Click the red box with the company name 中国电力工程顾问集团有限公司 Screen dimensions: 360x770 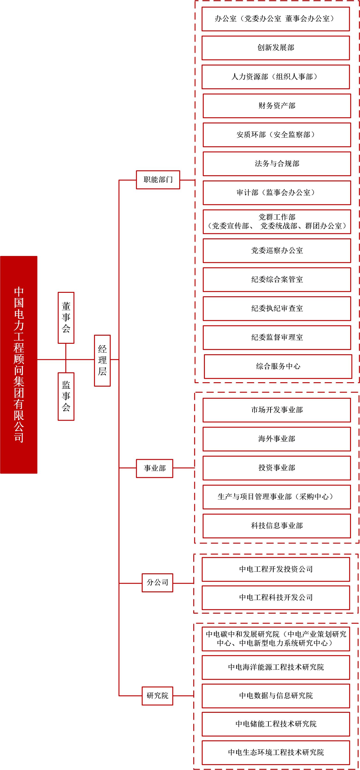pyautogui.click(x=19, y=365)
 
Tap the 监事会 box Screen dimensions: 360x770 pyautogui.click(x=66, y=396)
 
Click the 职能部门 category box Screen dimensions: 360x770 pyautogui.click(x=158, y=180)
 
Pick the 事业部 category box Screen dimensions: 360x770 pyautogui.click(x=155, y=468)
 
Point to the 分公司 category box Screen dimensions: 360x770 pyautogui.click(x=157, y=583)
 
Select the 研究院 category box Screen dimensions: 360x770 pyautogui.click(x=157, y=696)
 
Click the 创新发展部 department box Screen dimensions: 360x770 pyautogui.click(x=276, y=48)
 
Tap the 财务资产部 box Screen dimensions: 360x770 pyautogui.click(x=277, y=106)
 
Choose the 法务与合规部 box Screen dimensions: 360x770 pyautogui.click(x=277, y=164)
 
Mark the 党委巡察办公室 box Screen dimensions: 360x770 pyautogui.click(x=277, y=250)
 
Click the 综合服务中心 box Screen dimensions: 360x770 pyautogui.click(x=278, y=366)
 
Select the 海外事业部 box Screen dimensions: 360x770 pyautogui.click(x=277, y=439)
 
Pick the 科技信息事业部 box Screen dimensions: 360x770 pyautogui.click(x=277, y=526)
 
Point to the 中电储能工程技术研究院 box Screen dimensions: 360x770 pyautogui.click(x=276, y=724)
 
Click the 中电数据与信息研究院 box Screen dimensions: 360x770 pyautogui.click(x=276, y=696)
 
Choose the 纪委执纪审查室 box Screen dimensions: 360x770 pyautogui.click(x=277, y=309)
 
